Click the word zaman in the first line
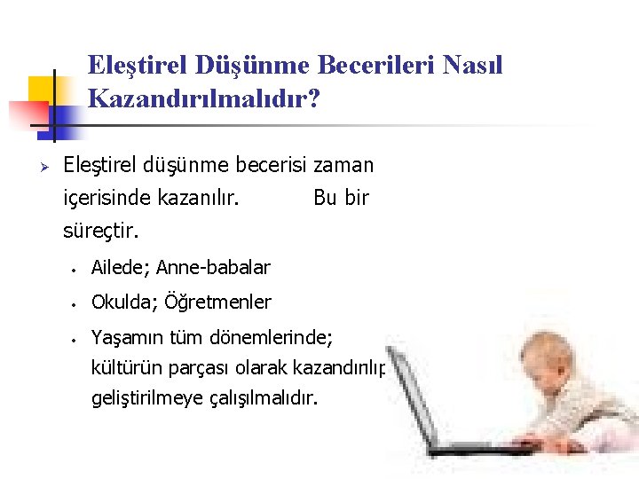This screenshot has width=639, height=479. point(343,165)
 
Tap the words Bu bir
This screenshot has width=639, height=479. point(341,198)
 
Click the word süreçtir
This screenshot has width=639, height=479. point(101,232)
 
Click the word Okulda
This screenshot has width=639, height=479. point(121,302)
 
